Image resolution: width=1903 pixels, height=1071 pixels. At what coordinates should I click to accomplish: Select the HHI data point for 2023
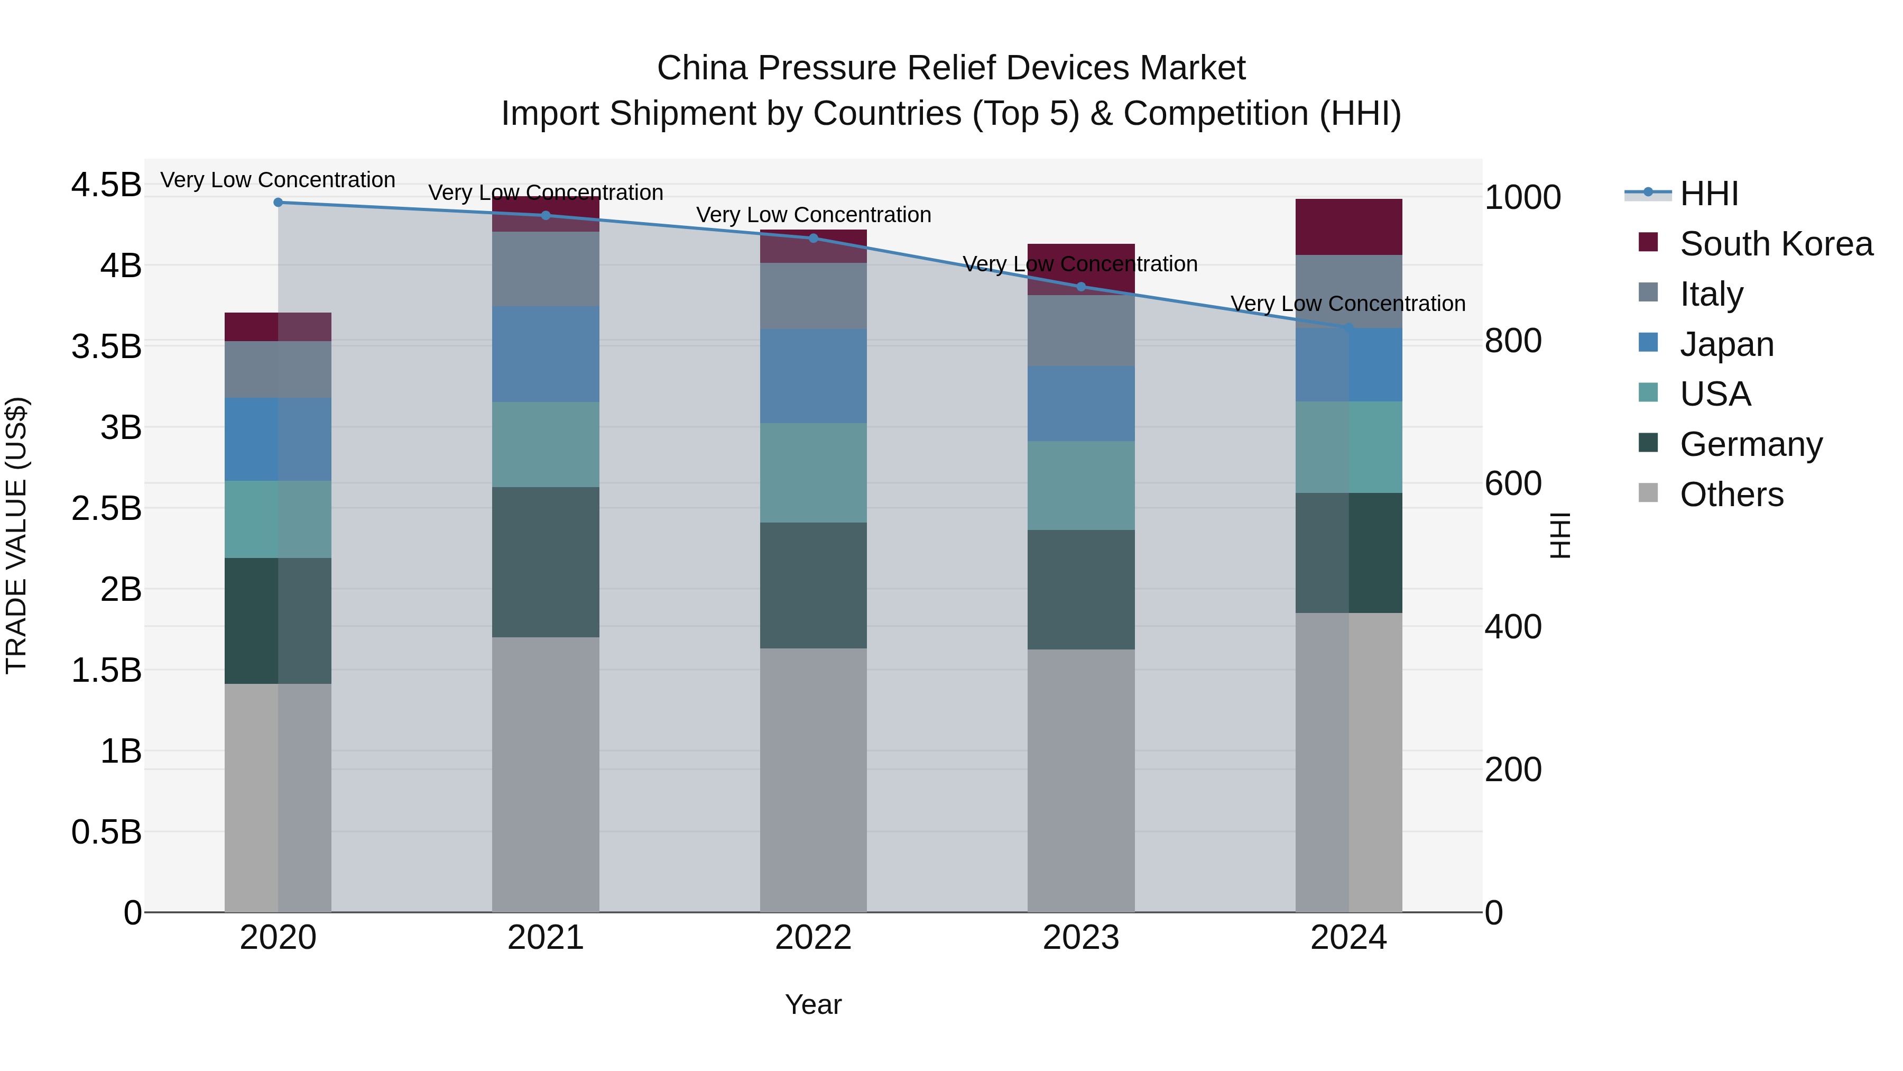pyautogui.click(x=1081, y=287)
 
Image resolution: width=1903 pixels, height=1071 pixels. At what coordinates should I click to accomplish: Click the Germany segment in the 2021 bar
pyautogui.click(x=545, y=562)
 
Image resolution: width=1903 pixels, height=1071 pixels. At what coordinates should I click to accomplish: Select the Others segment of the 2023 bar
pyautogui.click(x=1081, y=780)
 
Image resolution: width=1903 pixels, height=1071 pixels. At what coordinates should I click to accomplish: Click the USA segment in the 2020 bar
pyautogui.click(x=278, y=519)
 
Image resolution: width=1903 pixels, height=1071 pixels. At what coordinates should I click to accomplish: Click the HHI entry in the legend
pyautogui.click(x=1708, y=194)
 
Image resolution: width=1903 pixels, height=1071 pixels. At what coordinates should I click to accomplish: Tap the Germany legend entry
pyautogui.click(x=1750, y=444)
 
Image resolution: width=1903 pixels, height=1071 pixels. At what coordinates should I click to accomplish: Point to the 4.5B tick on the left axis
pyautogui.click(x=106, y=185)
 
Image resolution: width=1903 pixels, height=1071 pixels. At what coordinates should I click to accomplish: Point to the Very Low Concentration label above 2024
pyautogui.click(x=1347, y=304)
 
